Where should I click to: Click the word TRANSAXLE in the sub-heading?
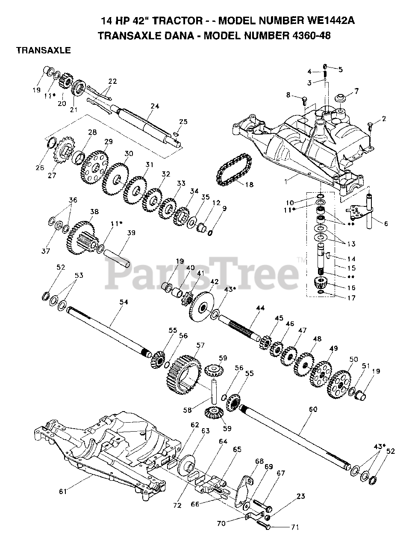(43, 50)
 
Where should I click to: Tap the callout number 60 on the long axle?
(313, 409)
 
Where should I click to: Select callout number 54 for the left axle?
(124, 302)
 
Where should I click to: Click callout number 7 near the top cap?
(356, 91)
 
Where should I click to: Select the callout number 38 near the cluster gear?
(94, 212)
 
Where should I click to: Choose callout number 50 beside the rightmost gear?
(353, 359)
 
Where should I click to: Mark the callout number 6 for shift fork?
(386, 223)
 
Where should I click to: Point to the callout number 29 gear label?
(109, 141)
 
